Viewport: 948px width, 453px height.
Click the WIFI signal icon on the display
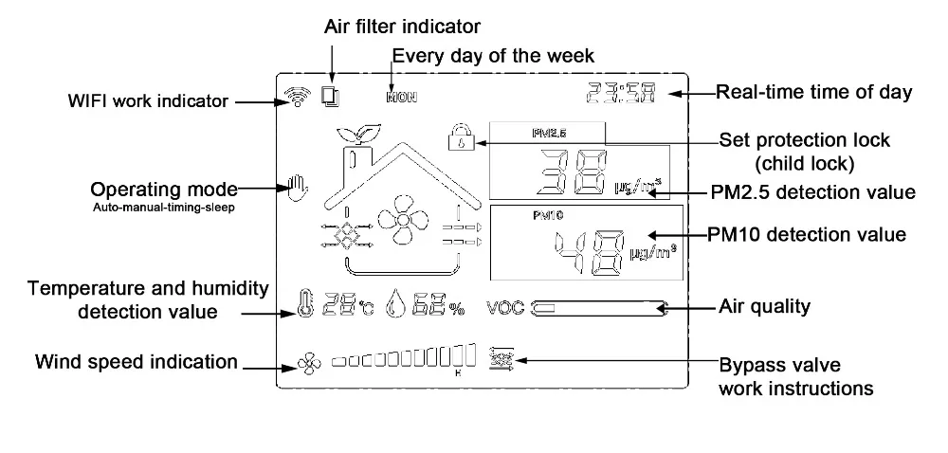click(295, 95)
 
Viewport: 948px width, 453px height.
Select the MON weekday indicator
click(400, 97)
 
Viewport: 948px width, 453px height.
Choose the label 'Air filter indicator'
click(403, 26)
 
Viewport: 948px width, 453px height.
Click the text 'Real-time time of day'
click(813, 92)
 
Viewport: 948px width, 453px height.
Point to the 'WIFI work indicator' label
click(147, 100)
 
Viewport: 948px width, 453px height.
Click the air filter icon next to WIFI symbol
click(330, 96)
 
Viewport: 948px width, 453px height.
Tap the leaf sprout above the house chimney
click(355, 132)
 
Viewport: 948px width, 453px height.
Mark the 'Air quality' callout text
click(764, 306)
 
